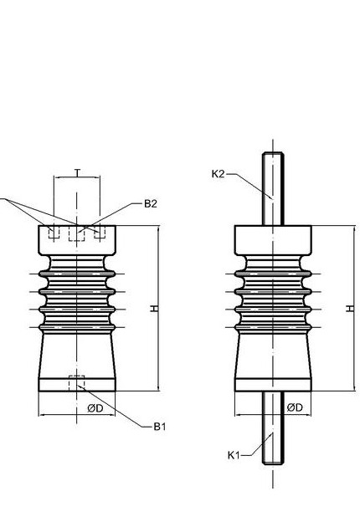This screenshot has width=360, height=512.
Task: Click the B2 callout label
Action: coord(151,204)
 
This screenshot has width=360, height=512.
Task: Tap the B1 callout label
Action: coord(160,427)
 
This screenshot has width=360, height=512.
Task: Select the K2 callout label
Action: coord(219,174)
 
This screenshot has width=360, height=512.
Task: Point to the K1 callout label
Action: coord(234,455)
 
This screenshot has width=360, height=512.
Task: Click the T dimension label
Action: coord(77,172)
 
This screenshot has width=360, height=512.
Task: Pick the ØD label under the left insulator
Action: coord(95,408)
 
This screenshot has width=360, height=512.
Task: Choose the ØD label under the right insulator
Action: coord(295,407)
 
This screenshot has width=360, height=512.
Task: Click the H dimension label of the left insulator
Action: coord(154,308)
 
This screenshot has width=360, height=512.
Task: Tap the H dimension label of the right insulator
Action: coord(350,308)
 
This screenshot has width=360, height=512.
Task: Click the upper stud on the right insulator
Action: coord(273,189)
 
